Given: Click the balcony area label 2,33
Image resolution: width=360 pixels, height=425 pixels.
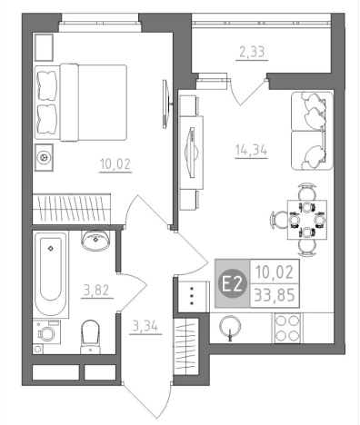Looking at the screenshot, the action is point(252,52).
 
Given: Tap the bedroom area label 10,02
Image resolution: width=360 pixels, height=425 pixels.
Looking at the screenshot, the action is point(115,164).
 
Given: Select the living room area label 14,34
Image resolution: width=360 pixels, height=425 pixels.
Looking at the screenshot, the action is point(251,150).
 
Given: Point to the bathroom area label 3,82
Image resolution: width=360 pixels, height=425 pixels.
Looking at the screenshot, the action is point(96,291).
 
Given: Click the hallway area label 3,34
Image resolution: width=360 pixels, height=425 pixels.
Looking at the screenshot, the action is point(145,326).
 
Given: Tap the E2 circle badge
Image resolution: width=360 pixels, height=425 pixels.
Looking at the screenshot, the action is point(233,283).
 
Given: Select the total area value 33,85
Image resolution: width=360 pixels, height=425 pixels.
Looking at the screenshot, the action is point(275,295).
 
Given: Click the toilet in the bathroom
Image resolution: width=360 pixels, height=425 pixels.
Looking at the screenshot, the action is point(90,336).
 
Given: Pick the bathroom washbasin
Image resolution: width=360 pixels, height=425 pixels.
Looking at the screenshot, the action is point(95,241).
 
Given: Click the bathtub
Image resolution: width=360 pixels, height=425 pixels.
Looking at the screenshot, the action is point(51,274).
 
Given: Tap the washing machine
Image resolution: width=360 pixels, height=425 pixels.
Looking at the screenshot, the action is point(46,332).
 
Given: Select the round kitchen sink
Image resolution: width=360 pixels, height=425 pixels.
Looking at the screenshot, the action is point(230,326).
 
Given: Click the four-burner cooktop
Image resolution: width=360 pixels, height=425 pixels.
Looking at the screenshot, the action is point(287,328).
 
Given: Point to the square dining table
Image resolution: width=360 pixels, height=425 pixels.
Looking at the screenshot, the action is point(307,220).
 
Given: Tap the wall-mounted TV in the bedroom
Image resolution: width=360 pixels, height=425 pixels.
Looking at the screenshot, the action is point(165,104).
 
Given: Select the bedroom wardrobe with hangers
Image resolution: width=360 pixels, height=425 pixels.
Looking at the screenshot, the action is point(71,209).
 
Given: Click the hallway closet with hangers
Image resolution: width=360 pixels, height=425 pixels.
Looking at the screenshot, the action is point(185,346).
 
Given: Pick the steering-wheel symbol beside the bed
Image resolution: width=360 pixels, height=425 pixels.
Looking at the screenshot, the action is point(44,157).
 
